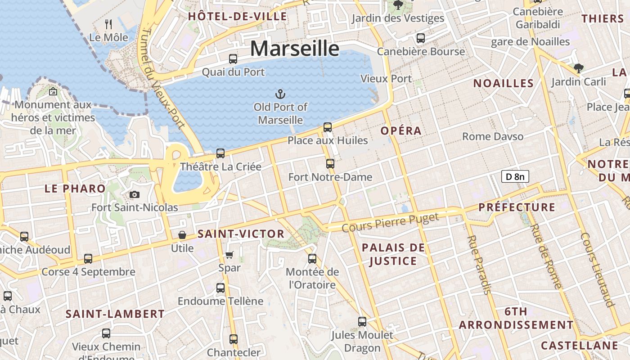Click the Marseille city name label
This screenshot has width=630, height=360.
click(294, 48)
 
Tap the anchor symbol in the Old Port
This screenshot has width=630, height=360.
click(280, 94)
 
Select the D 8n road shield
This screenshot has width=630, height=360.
click(515, 176)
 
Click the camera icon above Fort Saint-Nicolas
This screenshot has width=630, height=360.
click(134, 194)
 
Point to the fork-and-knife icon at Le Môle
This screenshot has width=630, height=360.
click(108, 24)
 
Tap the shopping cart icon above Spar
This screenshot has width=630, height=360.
click(229, 255)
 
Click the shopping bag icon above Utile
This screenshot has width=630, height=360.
click(182, 235)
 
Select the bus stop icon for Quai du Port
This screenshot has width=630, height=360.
click(233, 59)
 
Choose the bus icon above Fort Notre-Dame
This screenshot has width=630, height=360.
click(330, 164)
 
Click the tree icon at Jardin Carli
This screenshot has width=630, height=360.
click(579, 68)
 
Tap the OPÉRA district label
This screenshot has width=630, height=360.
click(401, 131)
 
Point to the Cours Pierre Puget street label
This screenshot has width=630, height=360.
click(390, 223)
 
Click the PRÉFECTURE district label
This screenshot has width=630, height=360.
click(517, 207)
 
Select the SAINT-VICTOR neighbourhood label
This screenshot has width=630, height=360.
click(241, 234)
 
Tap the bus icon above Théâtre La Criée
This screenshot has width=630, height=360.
click(220, 153)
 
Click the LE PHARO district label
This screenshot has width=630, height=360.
click(75, 189)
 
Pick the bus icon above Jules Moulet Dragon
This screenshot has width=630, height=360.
click(362, 322)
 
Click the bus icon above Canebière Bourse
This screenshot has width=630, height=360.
click(421, 38)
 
